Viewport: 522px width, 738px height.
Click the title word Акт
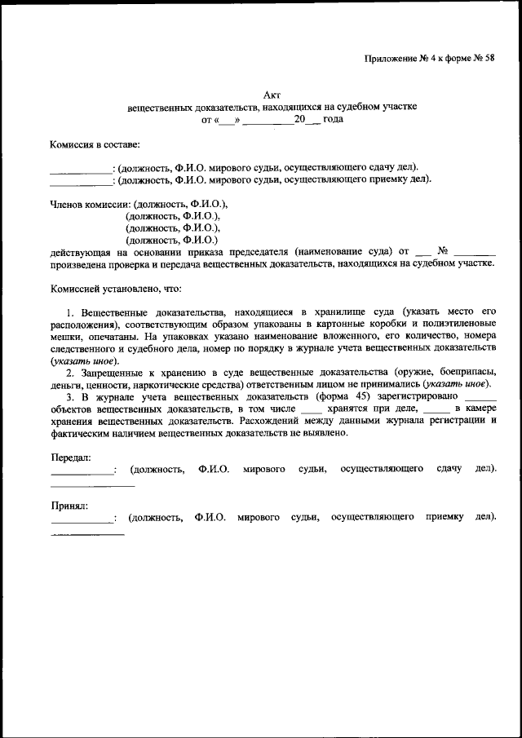coord(273,95)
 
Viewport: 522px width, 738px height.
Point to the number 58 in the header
coord(489,58)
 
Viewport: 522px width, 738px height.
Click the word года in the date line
coord(332,119)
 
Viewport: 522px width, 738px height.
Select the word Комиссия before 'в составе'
coord(73,145)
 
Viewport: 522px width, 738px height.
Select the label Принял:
coord(69,505)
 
